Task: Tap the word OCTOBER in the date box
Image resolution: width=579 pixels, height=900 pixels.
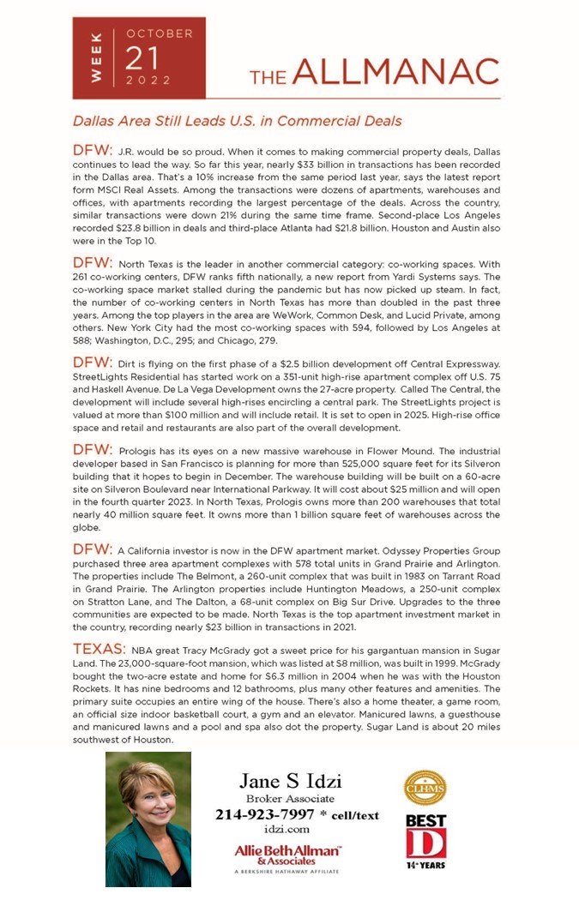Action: pos(160,33)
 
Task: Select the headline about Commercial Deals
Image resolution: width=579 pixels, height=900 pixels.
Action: pos(237,122)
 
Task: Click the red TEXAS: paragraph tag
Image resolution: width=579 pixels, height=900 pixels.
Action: pos(100,649)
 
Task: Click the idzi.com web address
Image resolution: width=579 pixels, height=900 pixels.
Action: pos(286,829)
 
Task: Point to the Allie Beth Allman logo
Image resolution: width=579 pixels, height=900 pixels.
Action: pos(287,855)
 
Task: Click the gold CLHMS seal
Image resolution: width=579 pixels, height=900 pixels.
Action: pos(425,787)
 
